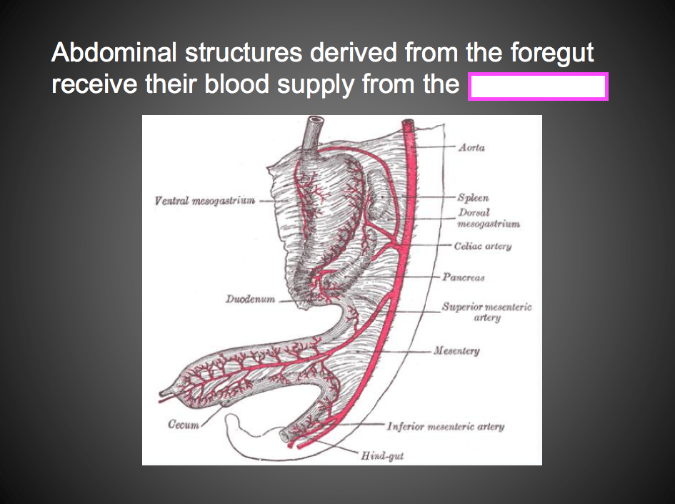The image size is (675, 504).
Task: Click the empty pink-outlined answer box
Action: (537, 87)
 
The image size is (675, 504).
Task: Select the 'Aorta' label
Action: (472, 147)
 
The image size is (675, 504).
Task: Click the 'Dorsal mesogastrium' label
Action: (489, 218)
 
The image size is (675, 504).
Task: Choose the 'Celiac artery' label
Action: (482, 246)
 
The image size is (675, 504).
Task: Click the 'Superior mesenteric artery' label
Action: (486, 312)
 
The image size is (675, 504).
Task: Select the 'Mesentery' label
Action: (457, 351)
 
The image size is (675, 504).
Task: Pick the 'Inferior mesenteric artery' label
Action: (445, 426)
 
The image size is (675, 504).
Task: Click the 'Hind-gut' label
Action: (382, 455)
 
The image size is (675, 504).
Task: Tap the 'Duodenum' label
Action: (250, 300)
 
